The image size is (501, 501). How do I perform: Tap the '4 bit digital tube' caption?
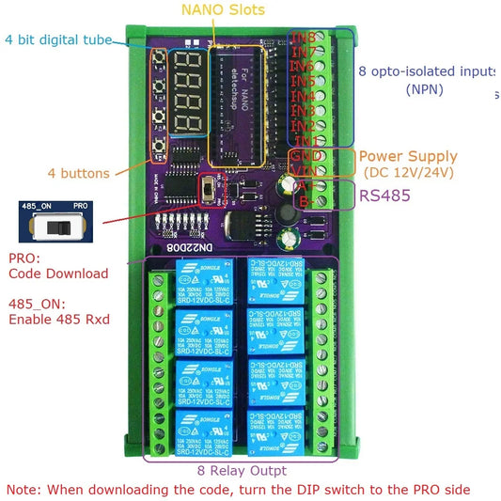[59, 39]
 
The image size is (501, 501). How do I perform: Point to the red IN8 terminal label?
[304, 39]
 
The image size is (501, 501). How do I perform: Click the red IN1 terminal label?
[303, 141]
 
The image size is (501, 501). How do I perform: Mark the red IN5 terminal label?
[303, 83]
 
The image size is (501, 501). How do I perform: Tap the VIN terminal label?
[304, 170]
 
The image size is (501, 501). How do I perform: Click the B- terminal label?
[305, 200]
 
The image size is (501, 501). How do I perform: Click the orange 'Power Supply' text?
[408, 156]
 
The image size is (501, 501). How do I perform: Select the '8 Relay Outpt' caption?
[243, 470]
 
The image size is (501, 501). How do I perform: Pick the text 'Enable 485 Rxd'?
[58, 320]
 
